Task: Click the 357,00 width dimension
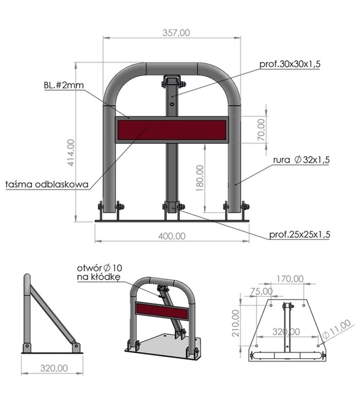coord(176,33)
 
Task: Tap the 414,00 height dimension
coord(71,152)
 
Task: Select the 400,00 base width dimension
coord(171,236)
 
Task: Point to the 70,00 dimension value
coord(261,129)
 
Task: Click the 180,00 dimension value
coord(200,178)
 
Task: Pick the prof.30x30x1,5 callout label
coord(290,64)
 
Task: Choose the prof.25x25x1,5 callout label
coord(299,234)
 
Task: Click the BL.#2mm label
coord(64,85)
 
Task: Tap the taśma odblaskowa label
coord(47,184)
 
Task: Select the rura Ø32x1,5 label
coord(301,160)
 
